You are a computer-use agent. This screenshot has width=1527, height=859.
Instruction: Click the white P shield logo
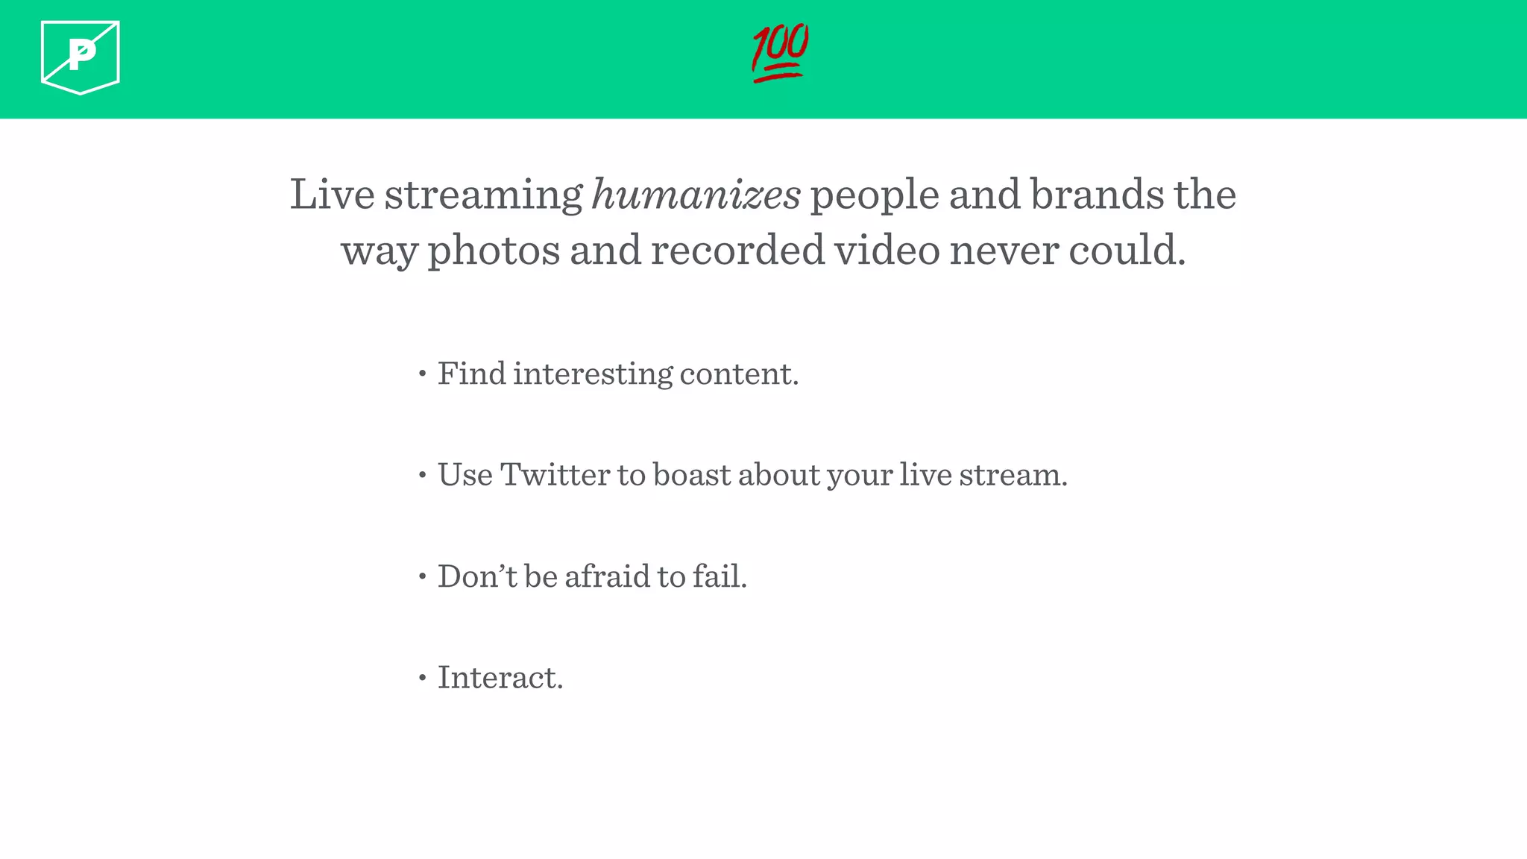pyautogui.click(x=81, y=57)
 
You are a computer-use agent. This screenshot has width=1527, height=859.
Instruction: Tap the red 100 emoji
pyautogui.click(x=780, y=52)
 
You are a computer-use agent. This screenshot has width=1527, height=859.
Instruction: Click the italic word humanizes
pyautogui.click(x=696, y=195)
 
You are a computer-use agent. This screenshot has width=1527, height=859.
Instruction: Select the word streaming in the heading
pyautogui.click(x=483, y=196)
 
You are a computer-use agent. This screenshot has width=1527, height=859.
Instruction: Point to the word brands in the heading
pyautogui.click(x=1097, y=195)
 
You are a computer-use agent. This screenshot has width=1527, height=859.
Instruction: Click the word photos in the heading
pyautogui.click(x=493, y=251)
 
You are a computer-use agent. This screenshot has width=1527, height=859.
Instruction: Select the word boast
pyautogui.click(x=692, y=474)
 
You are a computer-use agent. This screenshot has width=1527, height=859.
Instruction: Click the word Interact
pyautogui.click(x=500, y=677)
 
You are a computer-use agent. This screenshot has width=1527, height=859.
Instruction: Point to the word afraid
pyautogui.click(x=607, y=576)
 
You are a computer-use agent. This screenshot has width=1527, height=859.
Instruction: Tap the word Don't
pyautogui.click(x=476, y=576)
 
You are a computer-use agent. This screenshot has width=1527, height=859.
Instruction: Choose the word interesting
pyautogui.click(x=592, y=374)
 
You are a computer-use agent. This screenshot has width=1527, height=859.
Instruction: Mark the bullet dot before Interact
pyautogui.click(x=423, y=678)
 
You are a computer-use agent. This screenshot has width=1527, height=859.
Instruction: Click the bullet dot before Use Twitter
pyautogui.click(x=423, y=475)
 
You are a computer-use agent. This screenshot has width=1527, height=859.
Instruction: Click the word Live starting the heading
pyautogui.click(x=332, y=195)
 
